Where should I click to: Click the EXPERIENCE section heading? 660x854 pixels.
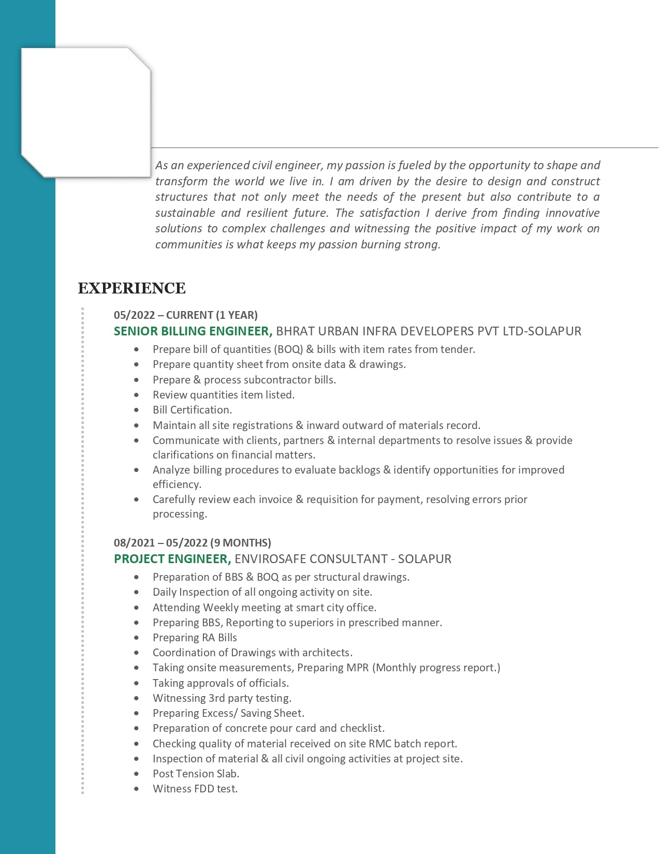(x=131, y=288)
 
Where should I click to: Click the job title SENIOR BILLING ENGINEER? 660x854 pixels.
(x=193, y=331)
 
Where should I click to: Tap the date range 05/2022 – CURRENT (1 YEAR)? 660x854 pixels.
(x=185, y=315)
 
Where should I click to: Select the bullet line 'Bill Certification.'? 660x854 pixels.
(x=192, y=410)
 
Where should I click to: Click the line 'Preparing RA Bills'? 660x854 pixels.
(x=195, y=638)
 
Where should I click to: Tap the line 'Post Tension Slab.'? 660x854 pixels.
(x=196, y=774)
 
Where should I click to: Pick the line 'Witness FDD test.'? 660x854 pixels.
(x=195, y=789)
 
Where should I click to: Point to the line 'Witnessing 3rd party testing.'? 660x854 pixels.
(x=222, y=698)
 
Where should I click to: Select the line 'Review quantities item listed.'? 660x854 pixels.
(x=224, y=395)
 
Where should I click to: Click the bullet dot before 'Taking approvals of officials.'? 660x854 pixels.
(x=137, y=683)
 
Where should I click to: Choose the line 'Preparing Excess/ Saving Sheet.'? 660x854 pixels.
(x=228, y=713)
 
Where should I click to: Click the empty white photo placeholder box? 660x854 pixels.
(x=86, y=111)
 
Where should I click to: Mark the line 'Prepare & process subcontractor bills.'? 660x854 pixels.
(x=244, y=380)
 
